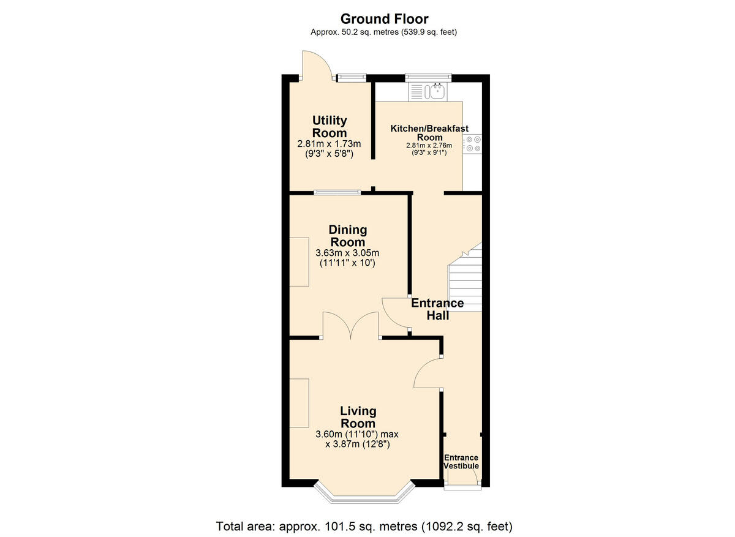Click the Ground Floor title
pos(384,19)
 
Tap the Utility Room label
pos(330,127)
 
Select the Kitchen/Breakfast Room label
pos(429,133)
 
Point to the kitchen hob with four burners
pos(472,145)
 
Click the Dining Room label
pos(348,236)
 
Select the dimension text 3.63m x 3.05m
pos(348,253)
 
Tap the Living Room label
pos(358,417)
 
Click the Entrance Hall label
pos(437,309)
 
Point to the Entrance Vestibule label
pos(461,462)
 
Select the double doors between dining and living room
pos(350,326)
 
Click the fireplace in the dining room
pos(299,261)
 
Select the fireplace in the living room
pos(299,403)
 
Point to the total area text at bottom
pos(364,526)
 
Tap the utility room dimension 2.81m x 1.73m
pos(330,145)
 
